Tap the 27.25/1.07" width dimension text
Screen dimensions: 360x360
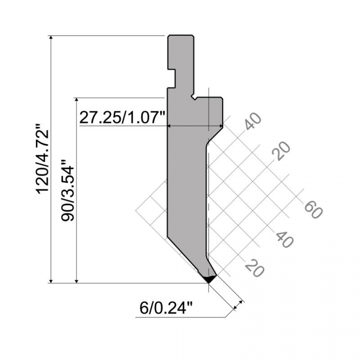(x=122, y=118)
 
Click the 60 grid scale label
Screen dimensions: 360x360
(x=313, y=209)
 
